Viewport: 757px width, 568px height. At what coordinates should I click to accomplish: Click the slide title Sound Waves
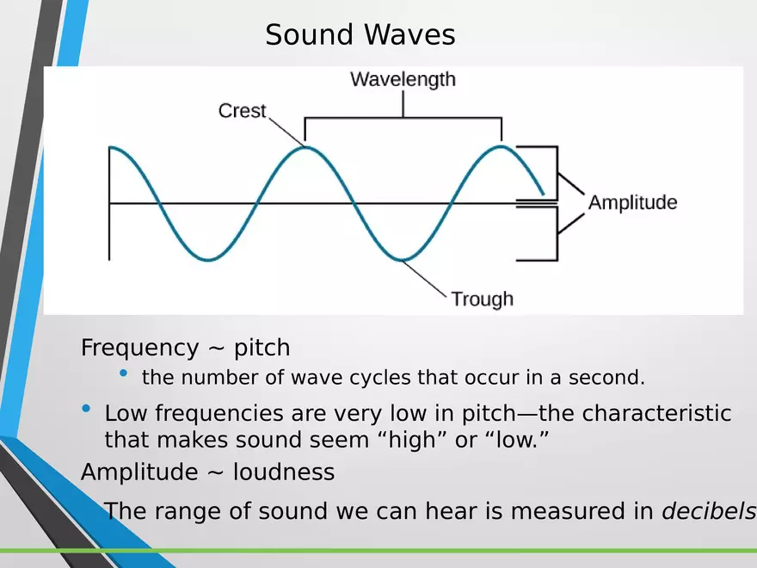[360, 34]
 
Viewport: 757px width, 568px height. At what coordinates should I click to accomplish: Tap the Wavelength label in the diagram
[403, 80]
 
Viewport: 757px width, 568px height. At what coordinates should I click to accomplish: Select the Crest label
[242, 111]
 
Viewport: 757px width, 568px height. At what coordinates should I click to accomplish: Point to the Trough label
[483, 299]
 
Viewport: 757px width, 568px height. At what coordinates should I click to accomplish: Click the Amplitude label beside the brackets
[632, 202]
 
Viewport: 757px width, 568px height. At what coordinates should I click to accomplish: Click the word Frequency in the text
[139, 349]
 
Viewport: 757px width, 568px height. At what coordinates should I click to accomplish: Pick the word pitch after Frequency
[262, 349]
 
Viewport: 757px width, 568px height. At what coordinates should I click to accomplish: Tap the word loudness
[284, 472]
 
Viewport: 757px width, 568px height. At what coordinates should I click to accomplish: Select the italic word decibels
[709, 511]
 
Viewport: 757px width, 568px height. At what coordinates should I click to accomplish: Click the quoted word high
[412, 440]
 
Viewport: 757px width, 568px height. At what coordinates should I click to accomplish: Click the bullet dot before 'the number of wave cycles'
[124, 373]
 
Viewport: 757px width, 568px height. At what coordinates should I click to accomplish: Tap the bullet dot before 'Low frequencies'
[86, 409]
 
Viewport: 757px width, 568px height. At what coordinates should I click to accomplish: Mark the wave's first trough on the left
[208, 260]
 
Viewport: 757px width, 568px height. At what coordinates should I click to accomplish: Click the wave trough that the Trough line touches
[403, 260]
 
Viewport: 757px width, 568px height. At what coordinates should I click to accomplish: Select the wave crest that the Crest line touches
[305, 147]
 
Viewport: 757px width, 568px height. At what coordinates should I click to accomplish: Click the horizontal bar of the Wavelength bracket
[403, 117]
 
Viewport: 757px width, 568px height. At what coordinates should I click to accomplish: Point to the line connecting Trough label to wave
[424, 277]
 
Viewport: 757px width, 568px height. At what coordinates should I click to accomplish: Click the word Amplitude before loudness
[139, 472]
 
